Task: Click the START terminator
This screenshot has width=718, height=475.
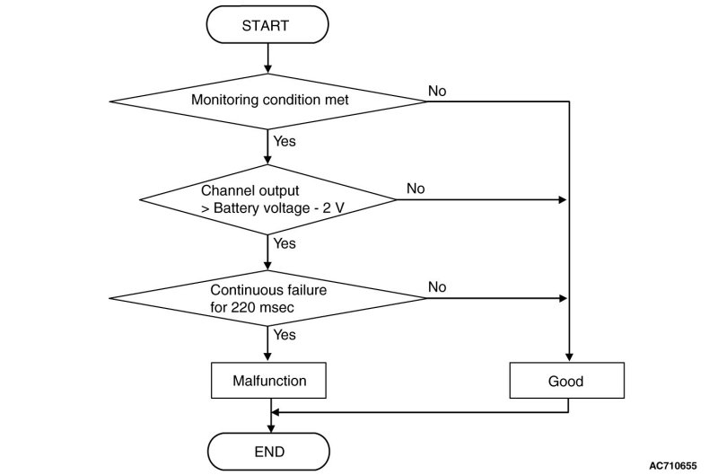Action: (267, 25)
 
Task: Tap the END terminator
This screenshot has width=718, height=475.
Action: (268, 452)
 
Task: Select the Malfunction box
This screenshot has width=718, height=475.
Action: (268, 380)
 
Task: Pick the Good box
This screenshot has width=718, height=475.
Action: (567, 381)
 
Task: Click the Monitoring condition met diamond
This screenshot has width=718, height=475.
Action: (267, 101)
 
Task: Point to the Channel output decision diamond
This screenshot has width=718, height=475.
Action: (267, 199)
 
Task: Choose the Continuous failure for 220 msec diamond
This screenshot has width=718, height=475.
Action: (267, 298)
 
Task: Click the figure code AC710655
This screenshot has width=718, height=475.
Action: (672, 466)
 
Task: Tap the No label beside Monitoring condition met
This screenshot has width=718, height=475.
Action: (437, 92)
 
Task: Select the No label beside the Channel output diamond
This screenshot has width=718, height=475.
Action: (416, 189)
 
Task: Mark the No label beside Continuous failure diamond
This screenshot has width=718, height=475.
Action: (437, 287)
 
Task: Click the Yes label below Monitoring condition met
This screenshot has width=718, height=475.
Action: (285, 141)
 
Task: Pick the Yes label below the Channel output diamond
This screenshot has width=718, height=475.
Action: (285, 243)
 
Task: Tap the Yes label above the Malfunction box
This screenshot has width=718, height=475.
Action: (285, 335)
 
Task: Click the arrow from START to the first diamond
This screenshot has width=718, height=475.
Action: (267, 58)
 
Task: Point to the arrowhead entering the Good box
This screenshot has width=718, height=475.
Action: (569, 357)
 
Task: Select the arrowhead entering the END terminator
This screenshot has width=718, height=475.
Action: (271, 428)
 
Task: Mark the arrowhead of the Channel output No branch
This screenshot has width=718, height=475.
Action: (563, 199)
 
